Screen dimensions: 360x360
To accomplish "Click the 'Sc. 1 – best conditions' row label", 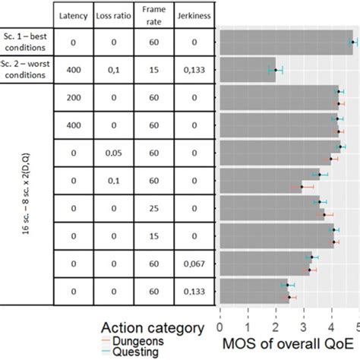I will (28, 43).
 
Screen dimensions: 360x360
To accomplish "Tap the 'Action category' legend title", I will (152, 328).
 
